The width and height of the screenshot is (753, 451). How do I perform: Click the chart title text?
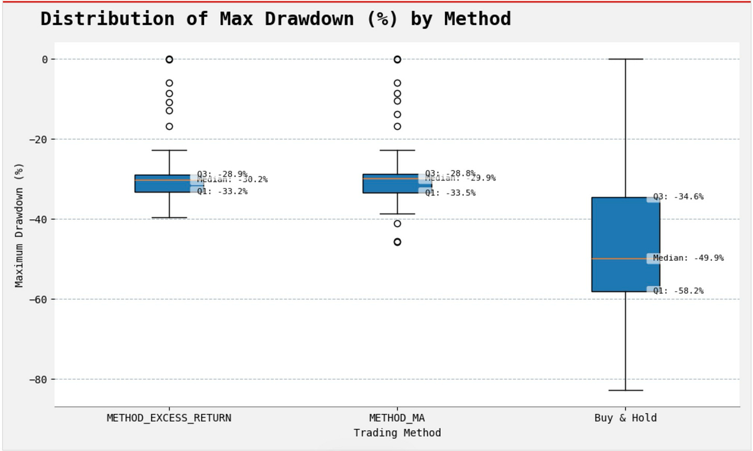click(x=275, y=19)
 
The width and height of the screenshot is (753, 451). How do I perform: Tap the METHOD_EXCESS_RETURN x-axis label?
click(x=169, y=418)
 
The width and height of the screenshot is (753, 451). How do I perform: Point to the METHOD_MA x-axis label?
click(x=397, y=418)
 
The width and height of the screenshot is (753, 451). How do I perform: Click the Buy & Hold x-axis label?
click(x=625, y=418)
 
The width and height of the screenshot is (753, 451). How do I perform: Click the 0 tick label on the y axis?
click(x=45, y=59)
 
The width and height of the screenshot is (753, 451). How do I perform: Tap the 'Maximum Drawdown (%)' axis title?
click(x=19, y=225)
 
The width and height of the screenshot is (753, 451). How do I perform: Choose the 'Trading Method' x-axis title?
click(x=397, y=433)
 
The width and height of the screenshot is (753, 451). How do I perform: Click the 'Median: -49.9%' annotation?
click(x=688, y=258)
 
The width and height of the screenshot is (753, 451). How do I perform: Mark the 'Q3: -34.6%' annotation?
click(x=678, y=197)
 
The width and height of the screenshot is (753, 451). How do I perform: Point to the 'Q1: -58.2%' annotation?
click(x=678, y=291)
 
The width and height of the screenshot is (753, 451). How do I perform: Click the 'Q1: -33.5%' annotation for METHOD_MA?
click(x=450, y=193)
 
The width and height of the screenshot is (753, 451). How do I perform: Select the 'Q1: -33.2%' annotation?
click(x=222, y=191)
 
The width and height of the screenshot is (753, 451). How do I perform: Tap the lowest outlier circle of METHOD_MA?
click(x=397, y=242)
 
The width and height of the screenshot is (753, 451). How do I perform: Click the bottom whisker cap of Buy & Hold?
click(x=625, y=390)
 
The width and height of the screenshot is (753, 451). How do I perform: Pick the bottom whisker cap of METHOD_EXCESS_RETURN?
click(x=169, y=218)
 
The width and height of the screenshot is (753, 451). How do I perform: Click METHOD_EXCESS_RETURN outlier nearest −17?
click(x=169, y=127)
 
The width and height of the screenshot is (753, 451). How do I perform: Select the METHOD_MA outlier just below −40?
click(x=397, y=224)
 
